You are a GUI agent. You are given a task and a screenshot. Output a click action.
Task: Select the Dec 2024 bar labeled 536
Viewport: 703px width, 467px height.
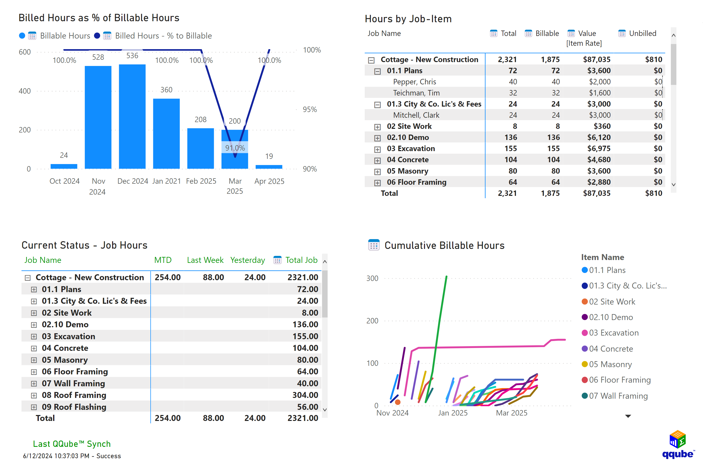[132, 116]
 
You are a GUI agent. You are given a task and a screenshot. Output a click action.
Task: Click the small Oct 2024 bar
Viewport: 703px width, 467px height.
[64, 166]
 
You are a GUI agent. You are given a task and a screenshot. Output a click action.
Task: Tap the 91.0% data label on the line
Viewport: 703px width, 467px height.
[235, 148]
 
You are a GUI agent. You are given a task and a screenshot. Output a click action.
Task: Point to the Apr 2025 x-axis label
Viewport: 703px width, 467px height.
[269, 181]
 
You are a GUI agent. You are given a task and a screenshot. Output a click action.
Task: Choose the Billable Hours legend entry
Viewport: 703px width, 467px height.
[65, 36]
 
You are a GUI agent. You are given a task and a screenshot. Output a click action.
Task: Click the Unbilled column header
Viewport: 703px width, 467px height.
[642, 33]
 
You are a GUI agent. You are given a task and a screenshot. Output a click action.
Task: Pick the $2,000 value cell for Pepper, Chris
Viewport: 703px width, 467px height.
[599, 81]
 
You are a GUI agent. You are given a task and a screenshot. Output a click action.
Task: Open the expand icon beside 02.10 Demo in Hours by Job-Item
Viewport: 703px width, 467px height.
[377, 138]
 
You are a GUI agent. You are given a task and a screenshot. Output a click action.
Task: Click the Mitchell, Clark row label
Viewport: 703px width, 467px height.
[416, 115]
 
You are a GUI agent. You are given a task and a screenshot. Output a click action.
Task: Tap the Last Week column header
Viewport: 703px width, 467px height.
[205, 260]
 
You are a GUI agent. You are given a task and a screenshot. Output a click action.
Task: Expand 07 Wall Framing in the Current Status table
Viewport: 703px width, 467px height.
[34, 384]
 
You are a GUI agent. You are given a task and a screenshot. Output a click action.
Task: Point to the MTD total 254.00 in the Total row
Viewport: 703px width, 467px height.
[167, 418]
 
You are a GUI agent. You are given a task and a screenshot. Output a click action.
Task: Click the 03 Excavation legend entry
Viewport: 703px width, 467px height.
[613, 333]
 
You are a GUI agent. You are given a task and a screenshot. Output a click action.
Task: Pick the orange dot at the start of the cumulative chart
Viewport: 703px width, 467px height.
[397, 402]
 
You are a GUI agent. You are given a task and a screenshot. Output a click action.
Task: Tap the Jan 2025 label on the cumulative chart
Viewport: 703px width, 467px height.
[452, 413]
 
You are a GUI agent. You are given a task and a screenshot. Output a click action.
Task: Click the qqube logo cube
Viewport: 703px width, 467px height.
[677, 439]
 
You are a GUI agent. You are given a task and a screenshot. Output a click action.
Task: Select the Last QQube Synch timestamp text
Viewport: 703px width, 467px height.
[72, 456]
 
